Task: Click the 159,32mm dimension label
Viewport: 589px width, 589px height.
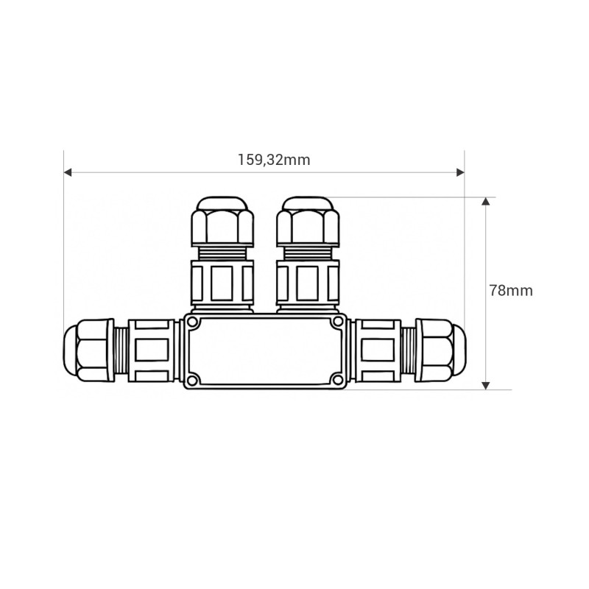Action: coord(274,160)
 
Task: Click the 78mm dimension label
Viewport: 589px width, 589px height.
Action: coord(511,291)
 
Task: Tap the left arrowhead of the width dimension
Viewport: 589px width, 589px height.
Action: coord(68,172)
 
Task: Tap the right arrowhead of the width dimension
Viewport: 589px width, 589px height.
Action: coord(460,172)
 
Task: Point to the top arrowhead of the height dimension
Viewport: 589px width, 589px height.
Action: coord(486,201)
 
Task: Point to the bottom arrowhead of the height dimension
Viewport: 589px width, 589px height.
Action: coord(486,385)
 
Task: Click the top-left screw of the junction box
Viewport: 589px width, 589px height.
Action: coord(192,322)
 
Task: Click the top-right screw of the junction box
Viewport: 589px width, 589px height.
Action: coord(338,321)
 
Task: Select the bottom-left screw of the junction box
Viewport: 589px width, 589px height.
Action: coord(192,380)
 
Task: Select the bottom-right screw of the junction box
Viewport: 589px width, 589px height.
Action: coord(338,380)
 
